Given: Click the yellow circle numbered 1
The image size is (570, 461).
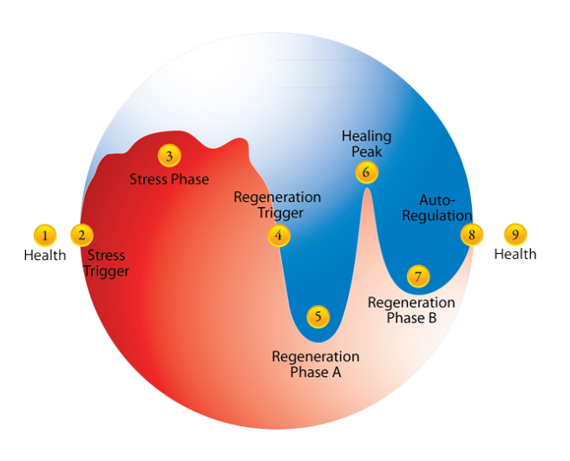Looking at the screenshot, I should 44,234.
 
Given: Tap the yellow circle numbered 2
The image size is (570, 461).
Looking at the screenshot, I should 82,234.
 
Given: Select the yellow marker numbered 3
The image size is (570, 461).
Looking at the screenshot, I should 169,156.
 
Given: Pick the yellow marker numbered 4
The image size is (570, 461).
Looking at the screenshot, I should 278,235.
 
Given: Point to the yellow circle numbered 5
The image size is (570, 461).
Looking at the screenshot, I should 318,316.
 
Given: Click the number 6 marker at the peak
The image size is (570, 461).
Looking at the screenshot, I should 366,172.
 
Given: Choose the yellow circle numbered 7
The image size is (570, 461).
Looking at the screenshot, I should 418,276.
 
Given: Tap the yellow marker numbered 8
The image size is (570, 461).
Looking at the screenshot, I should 472,234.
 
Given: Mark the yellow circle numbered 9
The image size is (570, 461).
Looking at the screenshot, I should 515,234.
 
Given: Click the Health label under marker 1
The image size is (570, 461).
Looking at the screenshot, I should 44,255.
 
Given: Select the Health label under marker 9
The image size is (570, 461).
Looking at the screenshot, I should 515,254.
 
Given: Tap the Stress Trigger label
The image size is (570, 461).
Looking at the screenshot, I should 106,263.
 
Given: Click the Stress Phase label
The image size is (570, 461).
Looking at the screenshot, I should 169,179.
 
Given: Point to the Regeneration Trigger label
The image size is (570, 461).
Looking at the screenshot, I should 277,205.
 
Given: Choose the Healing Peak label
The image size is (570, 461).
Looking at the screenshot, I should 366,144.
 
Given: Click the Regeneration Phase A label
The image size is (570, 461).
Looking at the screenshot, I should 316,364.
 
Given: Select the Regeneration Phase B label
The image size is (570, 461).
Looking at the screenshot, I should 411,310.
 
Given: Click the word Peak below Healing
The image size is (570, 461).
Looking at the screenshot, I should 366,152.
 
